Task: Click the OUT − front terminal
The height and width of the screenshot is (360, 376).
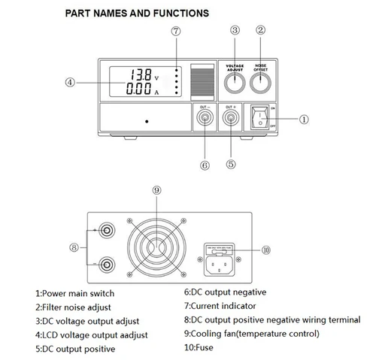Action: (203, 118)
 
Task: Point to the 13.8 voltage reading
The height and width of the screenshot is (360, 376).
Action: (140, 75)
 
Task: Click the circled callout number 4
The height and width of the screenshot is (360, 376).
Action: (71, 82)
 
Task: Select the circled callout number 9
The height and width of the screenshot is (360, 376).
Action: (157, 191)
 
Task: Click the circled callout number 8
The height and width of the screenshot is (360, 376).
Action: (73, 245)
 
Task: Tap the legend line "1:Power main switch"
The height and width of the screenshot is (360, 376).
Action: (74, 293)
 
